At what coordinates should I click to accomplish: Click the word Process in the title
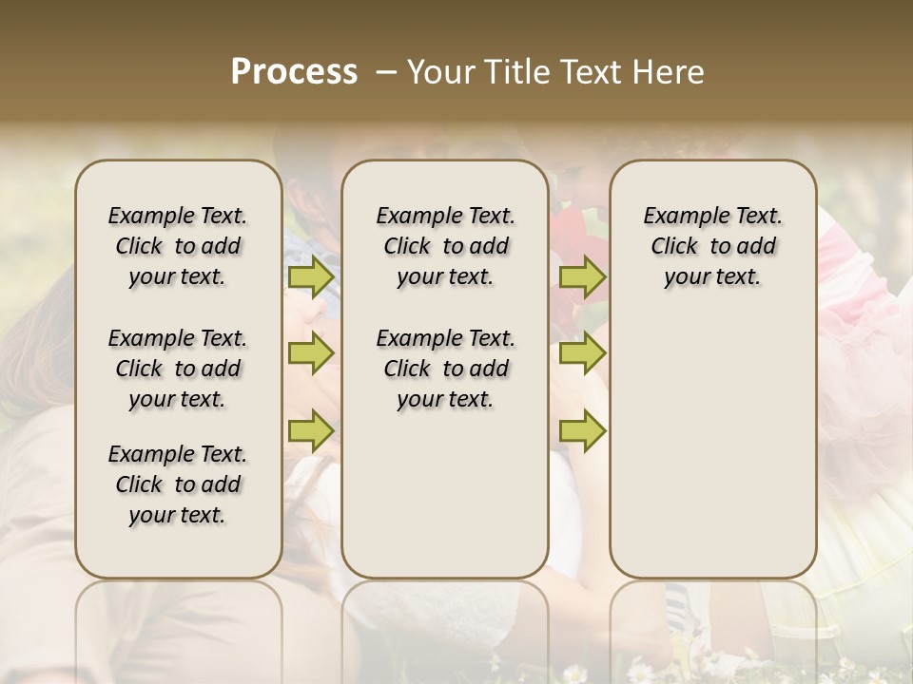294,72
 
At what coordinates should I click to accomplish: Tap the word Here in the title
670,72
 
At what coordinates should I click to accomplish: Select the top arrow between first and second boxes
310,277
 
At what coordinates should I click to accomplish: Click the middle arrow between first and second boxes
310,353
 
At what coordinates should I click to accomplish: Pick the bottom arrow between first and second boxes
310,431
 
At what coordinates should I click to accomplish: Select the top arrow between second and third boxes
582,277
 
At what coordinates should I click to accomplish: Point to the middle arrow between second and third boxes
582,353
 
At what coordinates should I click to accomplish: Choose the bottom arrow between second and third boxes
582,431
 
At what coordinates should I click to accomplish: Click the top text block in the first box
178,246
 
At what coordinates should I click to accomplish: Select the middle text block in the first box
178,369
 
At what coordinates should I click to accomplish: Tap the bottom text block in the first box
178,484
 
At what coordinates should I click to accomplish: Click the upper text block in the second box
445,246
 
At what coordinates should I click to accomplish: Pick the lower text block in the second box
445,369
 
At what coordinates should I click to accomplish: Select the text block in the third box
712,246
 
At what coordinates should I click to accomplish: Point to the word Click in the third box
674,247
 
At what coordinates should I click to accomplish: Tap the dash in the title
386,72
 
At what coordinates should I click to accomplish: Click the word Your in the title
441,72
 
